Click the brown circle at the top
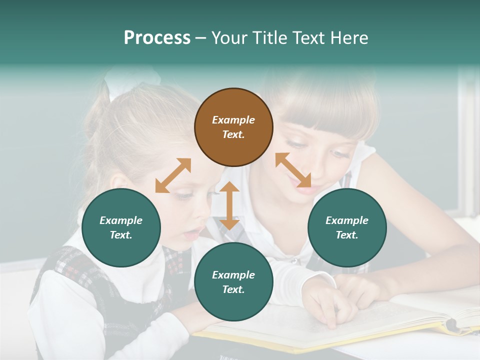(233, 127)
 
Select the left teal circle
(121, 227)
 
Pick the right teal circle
(347, 227)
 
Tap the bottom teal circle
(233, 282)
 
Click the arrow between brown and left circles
(173, 175)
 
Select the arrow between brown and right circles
(293, 170)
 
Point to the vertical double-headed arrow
(229, 205)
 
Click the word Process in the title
(157, 38)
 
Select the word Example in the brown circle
(233, 120)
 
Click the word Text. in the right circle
(347, 235)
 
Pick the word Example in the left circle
(121, 220)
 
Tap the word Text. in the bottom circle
(233, 289)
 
